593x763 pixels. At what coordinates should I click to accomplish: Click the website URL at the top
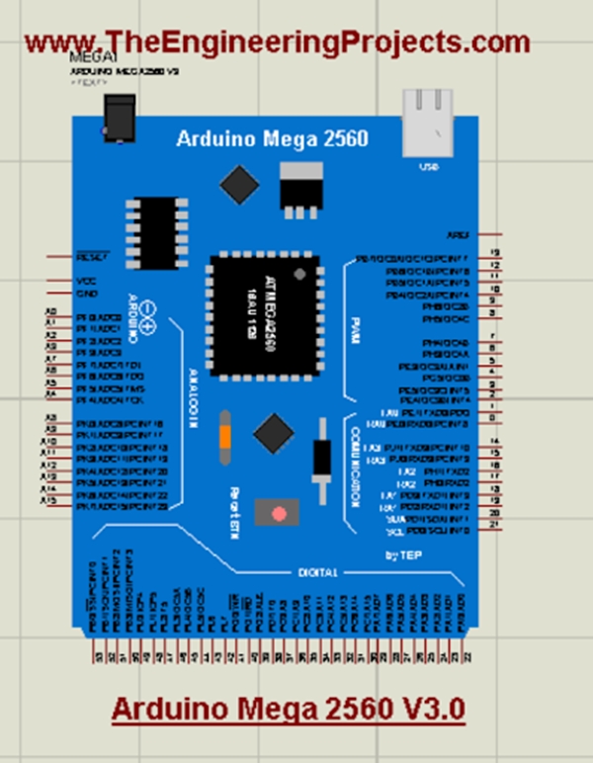click(278, 42)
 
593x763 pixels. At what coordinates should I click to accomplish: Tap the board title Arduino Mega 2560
click(272, 138)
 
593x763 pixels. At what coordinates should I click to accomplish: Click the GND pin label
click(87, 293)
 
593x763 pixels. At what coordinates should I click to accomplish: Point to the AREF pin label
click(458, 235)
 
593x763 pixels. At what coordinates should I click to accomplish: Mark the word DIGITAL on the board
click(318, 571)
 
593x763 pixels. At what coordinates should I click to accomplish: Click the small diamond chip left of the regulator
click(239, 185)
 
